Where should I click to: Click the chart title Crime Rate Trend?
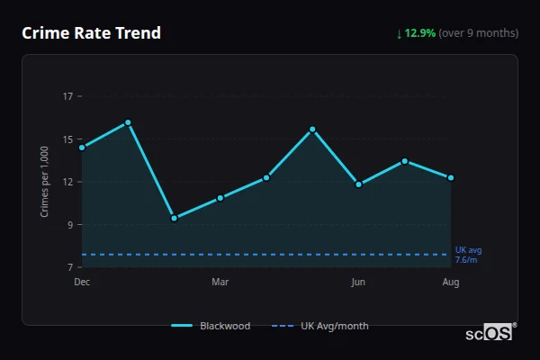(92, 33)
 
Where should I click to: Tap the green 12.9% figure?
(419, 33)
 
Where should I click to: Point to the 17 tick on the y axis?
(67, 96)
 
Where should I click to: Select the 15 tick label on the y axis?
(67, 139)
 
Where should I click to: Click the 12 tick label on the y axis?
(67, 182)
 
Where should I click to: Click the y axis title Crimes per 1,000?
(45, 182)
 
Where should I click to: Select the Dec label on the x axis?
(82, 283)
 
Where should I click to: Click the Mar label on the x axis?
(220, 283)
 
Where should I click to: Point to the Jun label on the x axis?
(358, 283)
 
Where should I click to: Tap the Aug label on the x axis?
(451, 283)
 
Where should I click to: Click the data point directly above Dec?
(82, 148)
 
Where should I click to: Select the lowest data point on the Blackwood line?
(174, 218)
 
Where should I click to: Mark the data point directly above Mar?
(220, 198)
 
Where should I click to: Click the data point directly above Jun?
(358, 184)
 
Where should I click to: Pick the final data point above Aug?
(451, 178)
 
